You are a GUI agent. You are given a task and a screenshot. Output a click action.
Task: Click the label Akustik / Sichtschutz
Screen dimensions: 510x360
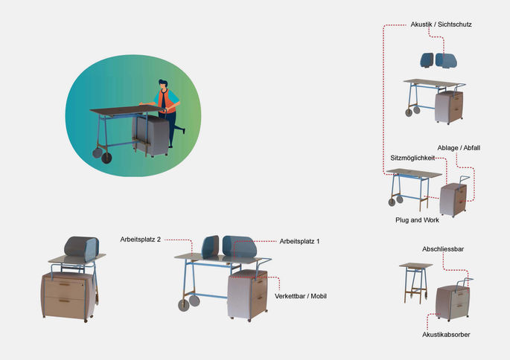[x=441, y=25]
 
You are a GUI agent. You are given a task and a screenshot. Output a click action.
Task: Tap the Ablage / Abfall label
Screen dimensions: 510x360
[x=459, y=148]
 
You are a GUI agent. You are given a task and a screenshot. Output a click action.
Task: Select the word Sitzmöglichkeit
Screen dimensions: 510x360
[x=412, y=158]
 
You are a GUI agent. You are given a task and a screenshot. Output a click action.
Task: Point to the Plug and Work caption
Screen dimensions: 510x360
[x=417, y=220]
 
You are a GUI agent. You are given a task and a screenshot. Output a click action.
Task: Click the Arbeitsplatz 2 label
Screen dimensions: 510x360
[x=140, y=240]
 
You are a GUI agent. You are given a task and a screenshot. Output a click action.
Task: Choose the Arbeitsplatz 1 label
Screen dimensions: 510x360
[x=299, y=242]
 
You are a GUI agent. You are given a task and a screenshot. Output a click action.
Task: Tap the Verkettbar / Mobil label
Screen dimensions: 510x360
[x=301, y=296]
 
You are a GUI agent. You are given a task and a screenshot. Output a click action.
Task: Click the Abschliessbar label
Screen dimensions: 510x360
[x=443, y=249]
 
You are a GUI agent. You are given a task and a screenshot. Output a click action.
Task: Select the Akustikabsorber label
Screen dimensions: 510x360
[x=446, y=335]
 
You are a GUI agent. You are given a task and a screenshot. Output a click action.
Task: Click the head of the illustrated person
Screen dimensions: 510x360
[x=163, y=83]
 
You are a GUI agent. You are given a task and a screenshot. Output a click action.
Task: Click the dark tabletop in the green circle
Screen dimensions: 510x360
[x=127, y=109]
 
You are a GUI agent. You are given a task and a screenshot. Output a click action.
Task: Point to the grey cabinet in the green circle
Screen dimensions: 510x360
[x=151, y=134]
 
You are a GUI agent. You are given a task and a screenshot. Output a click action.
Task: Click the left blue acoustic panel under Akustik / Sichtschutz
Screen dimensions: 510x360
[x=427, y=60]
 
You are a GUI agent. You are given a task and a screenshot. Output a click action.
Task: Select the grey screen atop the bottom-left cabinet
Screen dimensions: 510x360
[x=81, y=248]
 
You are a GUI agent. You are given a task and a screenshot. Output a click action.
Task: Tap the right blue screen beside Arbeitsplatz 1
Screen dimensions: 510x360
[x=240, y=247]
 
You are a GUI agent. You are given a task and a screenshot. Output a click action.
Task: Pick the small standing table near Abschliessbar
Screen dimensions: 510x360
[x=415, y=282]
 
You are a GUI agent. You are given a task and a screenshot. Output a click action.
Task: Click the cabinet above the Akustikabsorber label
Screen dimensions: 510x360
[x=453, y=302]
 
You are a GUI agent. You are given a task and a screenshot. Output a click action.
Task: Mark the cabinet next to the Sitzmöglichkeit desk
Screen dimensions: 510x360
[x=453, y=199]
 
